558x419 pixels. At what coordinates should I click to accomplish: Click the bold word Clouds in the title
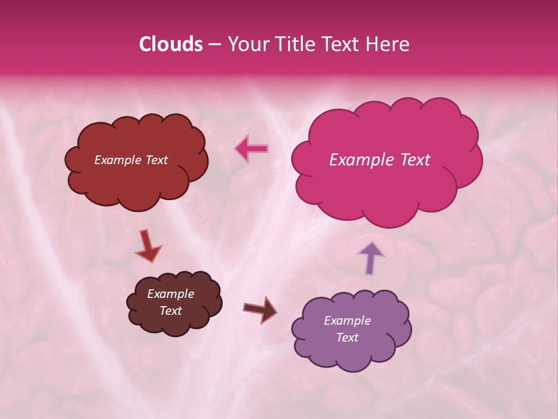(x=170, y=44)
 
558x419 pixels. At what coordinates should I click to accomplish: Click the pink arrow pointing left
(x=252, y=148)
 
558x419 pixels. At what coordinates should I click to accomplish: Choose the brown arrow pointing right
(x=260, y=309)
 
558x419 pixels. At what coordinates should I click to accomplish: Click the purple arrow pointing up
(x=370, y=257)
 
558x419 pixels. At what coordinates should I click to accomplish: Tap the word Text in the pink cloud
(x=415, y=160)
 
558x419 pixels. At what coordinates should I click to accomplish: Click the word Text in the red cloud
(x=156, y=160)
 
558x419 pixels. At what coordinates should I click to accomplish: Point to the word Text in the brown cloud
(x=171, y=311)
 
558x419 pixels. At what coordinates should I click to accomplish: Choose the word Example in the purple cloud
(x=347, y=321)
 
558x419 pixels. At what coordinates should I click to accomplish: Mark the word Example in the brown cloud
(x=171, y=294)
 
